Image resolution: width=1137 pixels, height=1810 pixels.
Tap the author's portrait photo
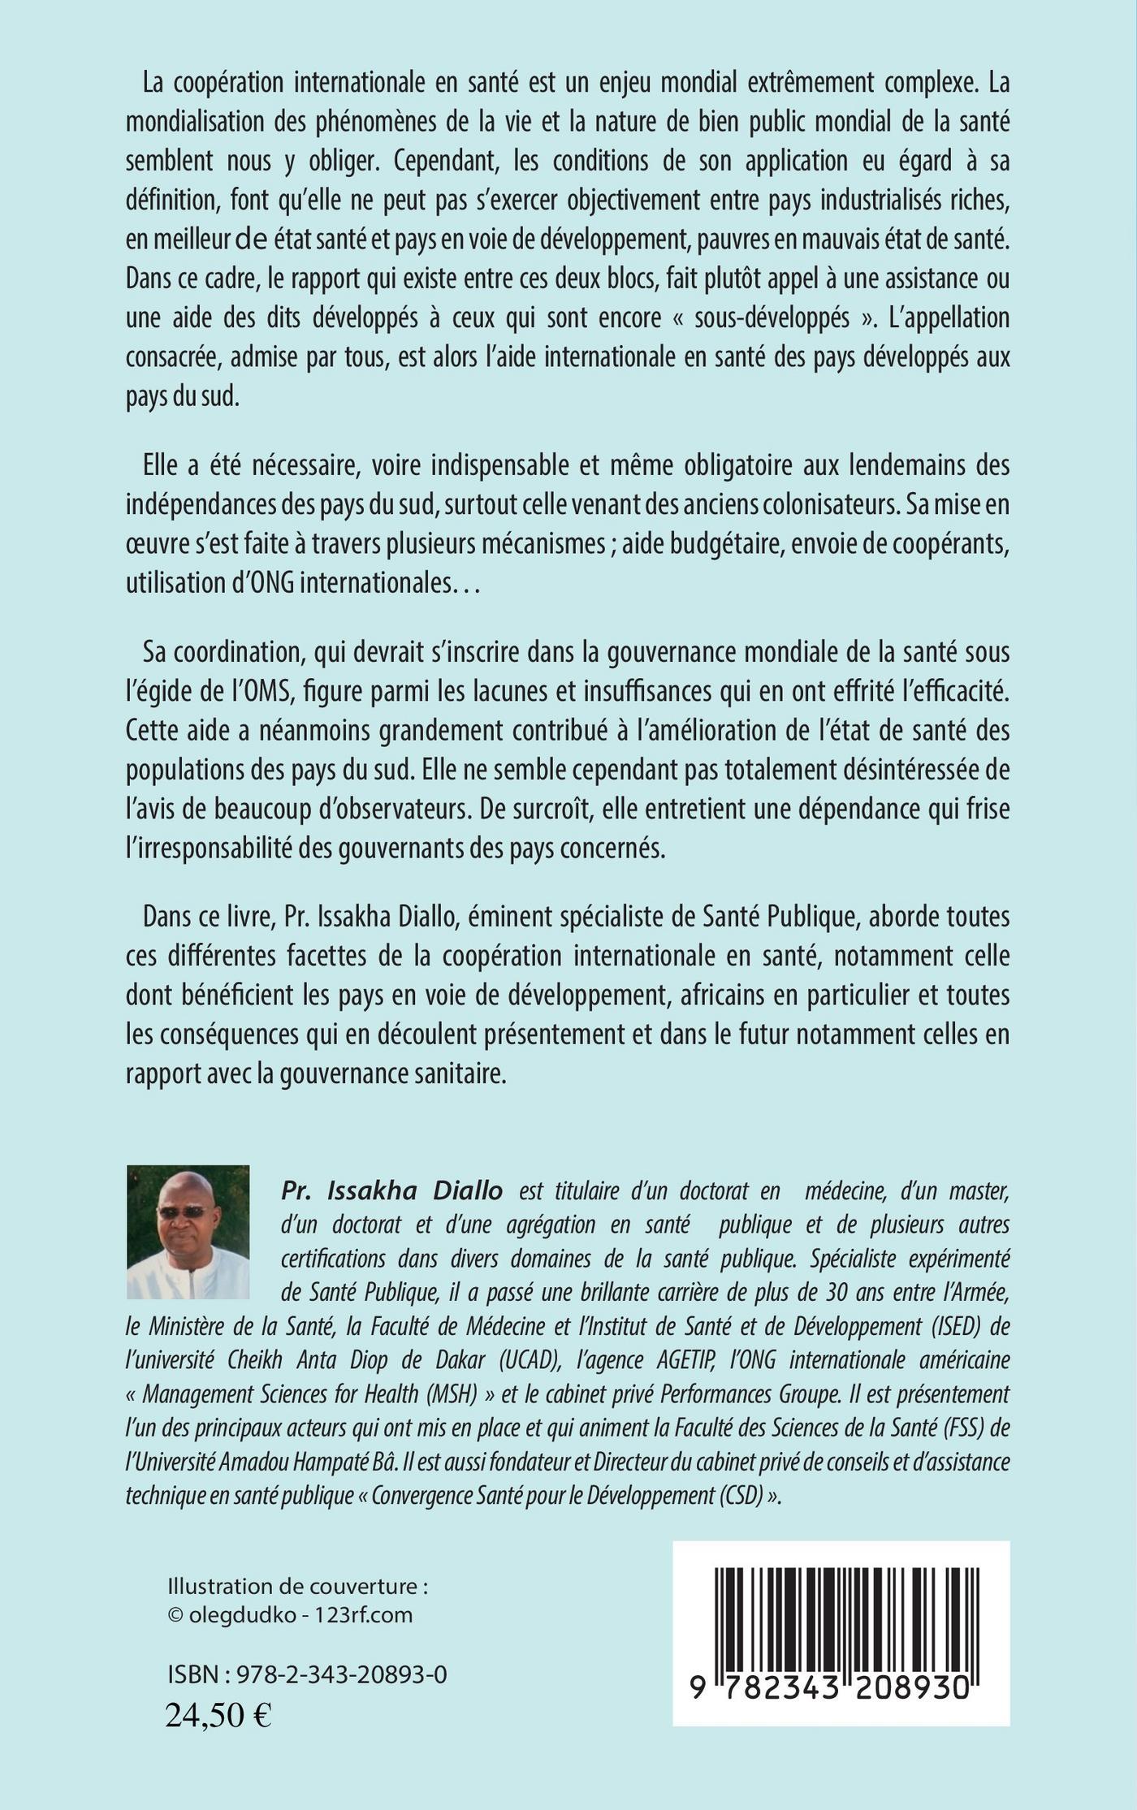[x=188, y=1231]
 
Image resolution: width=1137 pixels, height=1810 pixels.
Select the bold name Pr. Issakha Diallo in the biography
[x=391, y=1191]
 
